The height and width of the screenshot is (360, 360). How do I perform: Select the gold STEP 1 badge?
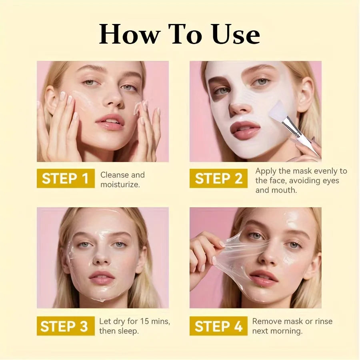click(x=65, y=178)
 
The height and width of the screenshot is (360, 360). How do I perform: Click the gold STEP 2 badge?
click(x=218, y=178)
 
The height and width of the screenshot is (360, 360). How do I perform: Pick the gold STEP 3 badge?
click(x=64, y=326)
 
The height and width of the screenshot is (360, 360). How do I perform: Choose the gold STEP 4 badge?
click(x=218, y=326)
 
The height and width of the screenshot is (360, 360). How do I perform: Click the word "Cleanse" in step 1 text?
click(x=114, y=175)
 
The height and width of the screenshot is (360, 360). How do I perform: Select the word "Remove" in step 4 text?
click(x=267, y=322)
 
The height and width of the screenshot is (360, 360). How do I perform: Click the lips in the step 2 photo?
click(x=245, y=131)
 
